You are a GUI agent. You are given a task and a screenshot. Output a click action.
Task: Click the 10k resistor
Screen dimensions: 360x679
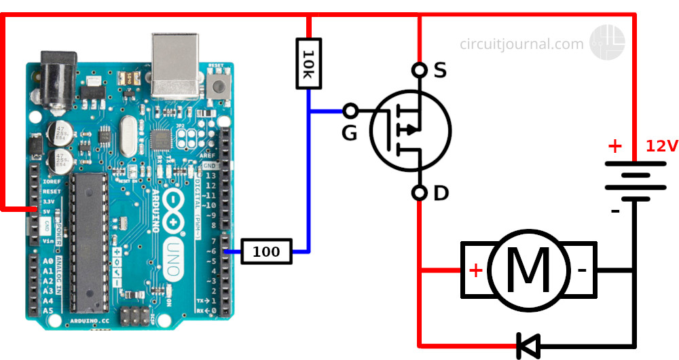point(308,63)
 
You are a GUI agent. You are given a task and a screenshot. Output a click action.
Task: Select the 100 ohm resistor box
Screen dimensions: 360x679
point(266,251)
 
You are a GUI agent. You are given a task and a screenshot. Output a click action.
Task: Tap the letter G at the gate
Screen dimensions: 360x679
point(349,133)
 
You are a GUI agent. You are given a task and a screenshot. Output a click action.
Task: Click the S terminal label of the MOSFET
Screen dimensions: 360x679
point(440,70)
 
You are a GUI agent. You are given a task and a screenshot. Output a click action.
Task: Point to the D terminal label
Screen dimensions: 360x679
point(441,194)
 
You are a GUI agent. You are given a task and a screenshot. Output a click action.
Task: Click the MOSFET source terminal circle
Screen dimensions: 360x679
point(420,70)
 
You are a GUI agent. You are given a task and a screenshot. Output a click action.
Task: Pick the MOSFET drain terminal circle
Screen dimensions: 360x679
point(420,193)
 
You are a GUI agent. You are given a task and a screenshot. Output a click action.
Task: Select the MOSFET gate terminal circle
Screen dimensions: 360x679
point(350,110)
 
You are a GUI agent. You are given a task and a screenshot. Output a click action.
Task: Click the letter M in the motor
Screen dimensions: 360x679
point(528,270)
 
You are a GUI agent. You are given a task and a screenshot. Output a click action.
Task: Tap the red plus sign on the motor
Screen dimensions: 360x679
point(476,270)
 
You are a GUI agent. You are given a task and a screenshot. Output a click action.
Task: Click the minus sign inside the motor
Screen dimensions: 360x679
point(581,270)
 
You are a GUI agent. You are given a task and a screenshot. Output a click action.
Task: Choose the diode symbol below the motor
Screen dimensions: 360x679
point(528,345)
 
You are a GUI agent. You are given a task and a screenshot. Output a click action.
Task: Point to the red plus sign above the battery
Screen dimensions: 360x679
point(614,146)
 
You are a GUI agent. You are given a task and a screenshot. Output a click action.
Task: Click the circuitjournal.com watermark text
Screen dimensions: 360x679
point(521,44)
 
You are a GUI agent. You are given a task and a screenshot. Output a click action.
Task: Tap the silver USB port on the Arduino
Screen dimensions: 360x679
point(175,63)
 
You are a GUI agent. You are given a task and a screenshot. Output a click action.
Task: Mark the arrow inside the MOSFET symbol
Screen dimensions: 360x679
point(409,129)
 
